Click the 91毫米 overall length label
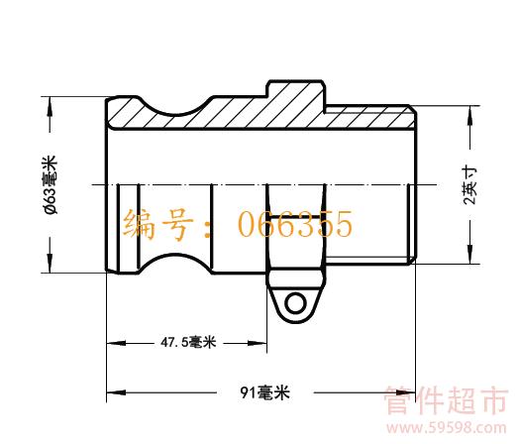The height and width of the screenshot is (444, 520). coord(265,392)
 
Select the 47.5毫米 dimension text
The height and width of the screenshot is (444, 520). coord(188,342)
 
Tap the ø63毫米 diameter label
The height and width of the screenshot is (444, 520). coord(51,184)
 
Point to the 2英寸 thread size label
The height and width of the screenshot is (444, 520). coord(470,186)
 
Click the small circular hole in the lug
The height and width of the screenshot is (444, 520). coord(295,303)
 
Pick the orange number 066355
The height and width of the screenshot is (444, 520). coord(295,224)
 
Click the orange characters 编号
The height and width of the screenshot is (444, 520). coord(157,224)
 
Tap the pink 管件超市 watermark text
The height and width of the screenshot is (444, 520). coord(446,399)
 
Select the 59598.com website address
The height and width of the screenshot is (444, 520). coord(447,428)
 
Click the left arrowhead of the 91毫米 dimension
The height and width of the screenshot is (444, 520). coord(116,392)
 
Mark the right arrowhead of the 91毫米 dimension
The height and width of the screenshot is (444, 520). coord(406,392)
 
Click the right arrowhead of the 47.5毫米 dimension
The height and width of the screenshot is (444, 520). coord(258,343)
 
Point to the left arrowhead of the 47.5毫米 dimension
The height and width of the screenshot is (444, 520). coord(116,343)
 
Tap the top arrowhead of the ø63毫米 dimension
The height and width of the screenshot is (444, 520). coord(50,106)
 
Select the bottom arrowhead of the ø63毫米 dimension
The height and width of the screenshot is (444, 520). coord(50,264)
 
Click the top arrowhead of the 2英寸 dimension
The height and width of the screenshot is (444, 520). coord(469,116)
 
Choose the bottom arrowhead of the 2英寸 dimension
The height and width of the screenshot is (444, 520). coord(469,255)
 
